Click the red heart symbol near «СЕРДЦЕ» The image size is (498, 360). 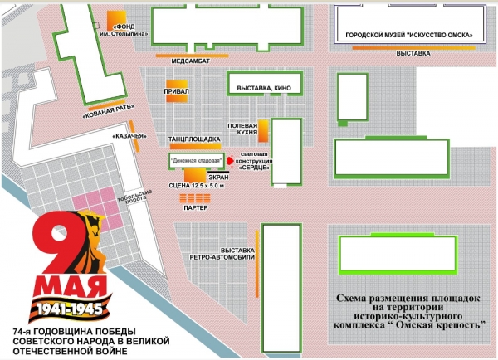(228, 163)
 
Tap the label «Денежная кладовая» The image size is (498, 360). (194, 160)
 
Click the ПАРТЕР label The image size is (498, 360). (196, 208)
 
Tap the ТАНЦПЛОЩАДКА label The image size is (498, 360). (194, 139)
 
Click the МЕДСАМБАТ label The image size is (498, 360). (189, 61)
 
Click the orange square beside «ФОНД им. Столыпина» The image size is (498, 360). (122, 19)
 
